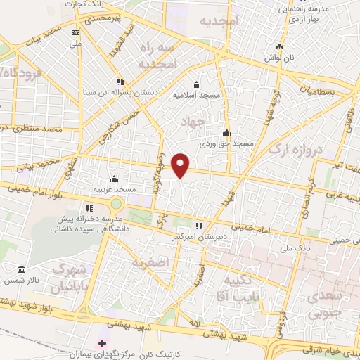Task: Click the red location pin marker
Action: point(181,166)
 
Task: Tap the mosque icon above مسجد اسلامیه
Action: point(196,84)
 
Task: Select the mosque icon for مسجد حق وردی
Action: point(226,134)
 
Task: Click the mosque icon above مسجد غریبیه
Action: point(114,179)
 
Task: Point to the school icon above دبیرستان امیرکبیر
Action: point(199,226)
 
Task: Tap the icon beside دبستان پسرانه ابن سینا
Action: point(120,81)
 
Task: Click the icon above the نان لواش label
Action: point(280,47)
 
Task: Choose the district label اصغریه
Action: point(148,262)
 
